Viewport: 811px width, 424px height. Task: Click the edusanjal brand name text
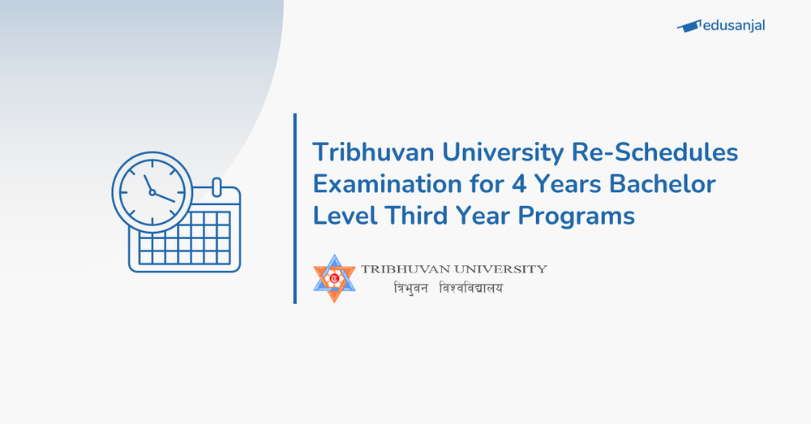(735, 25)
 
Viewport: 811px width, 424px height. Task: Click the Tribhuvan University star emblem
(335, 279)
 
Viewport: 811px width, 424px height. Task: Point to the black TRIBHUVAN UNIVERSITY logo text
(454, 269)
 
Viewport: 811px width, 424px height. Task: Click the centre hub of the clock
(152, 192)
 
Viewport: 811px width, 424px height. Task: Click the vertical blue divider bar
(295, 208)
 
